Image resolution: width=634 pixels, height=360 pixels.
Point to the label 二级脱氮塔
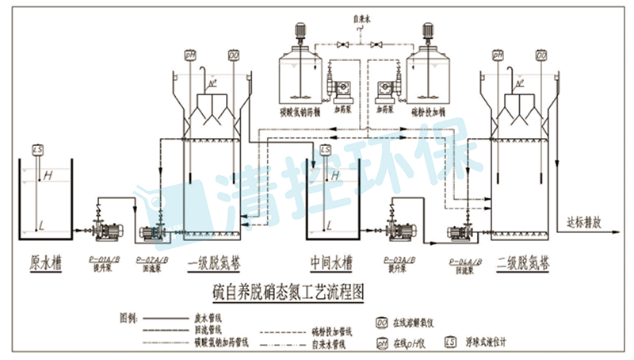522,262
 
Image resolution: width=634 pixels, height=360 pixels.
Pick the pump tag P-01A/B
105,259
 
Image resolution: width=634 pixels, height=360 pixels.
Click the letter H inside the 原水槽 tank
48,174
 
